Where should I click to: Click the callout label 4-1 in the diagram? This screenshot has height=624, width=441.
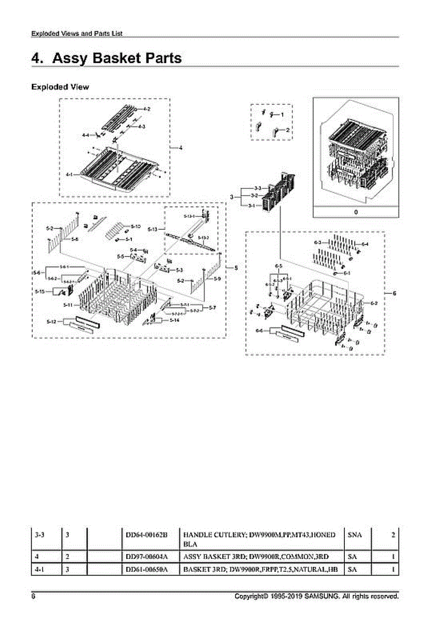click(69, 174)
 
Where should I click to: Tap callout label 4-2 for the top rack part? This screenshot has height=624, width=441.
click(147, 109)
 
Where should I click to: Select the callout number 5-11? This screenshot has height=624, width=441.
click(67, 304)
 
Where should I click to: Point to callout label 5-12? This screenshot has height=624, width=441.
click(51, 322)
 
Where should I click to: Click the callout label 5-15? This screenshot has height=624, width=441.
click(39, 292)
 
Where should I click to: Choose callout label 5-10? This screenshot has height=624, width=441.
click(135, 226)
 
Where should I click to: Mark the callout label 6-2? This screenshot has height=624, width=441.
click(374, 303)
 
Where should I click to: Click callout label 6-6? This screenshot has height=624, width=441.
click(259, 331)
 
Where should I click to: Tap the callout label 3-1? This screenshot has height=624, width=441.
click(251, 206)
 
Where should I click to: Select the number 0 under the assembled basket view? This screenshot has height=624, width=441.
click(355, 212)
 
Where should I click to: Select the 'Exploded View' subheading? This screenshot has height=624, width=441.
click(60, 87)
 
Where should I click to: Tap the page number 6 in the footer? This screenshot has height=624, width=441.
click(33, 596)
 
